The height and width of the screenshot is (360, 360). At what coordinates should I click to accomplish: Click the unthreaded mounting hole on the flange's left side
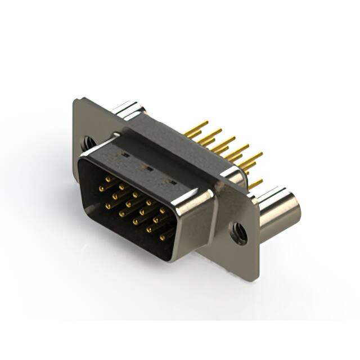click(88, 143)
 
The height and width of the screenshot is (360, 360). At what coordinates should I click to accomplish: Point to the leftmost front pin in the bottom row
click(107, 205)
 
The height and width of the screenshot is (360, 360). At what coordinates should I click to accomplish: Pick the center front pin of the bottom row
click(135, 221)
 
